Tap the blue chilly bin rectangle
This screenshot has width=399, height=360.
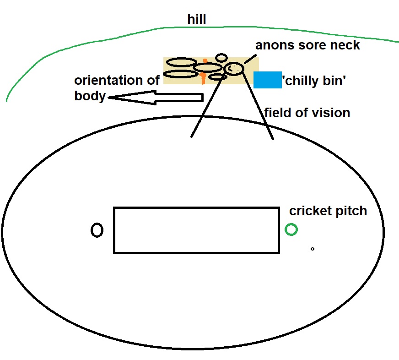[267, 80]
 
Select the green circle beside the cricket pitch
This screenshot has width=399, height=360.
[291, 229]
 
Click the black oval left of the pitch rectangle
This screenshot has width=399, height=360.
[97, 230]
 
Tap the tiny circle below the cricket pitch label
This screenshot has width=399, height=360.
[313, 249]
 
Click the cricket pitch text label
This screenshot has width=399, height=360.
[328, 211]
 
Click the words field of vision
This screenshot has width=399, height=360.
[307, 113]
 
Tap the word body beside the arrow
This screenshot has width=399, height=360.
[90, 97]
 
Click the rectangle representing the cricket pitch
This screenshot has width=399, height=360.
[196, 230]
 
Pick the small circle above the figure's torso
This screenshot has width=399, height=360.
[221, 58]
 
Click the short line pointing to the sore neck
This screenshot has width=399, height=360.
[250, 58]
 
